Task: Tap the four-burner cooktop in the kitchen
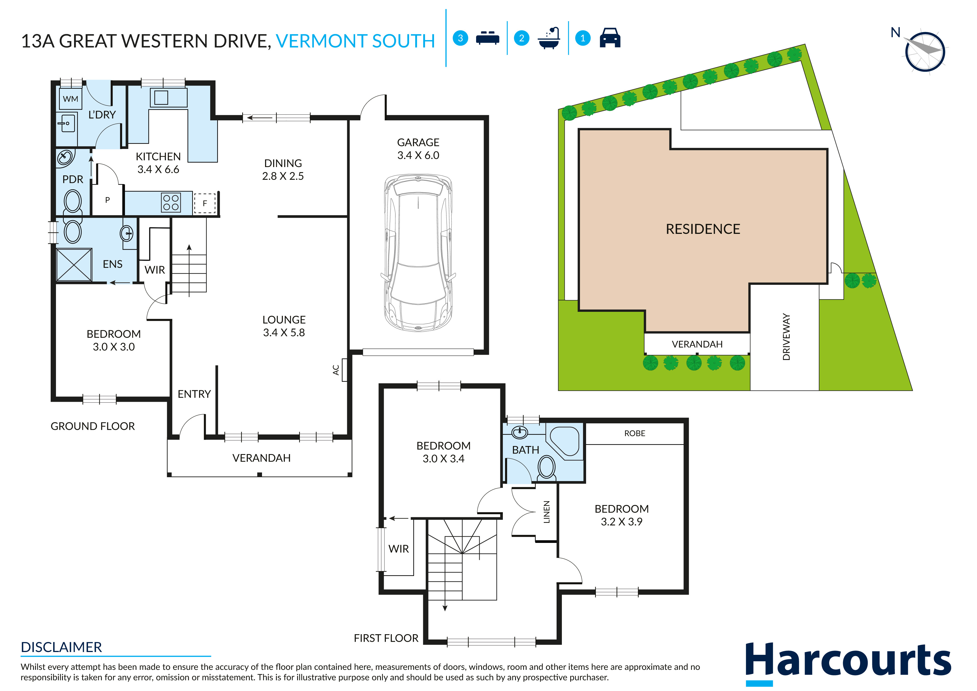pyautogui.click(x=171, y=202)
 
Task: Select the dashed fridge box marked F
pyautogui.click(x=205, y=204)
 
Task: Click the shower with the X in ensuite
pyautogui.click(x=74, y=265)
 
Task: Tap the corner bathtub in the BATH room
pyautogui.click(x=565, y=442)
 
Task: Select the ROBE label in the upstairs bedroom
pyautogui.click(x=635, y=433)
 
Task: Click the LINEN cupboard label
pyautogui.click(x=547, y=512)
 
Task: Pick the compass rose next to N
pyautogui.click(x=925, y=52)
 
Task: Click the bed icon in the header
pyautogui.click(x=487, y=38)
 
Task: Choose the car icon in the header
pyautogui.click(x=610, y=38)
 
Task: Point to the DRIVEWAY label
pyautogui.click(x=786, y=337)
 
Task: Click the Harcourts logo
pyautogui.click(x=848, y=662)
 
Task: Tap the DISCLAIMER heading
pyautogui.click(x=61, y=647)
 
